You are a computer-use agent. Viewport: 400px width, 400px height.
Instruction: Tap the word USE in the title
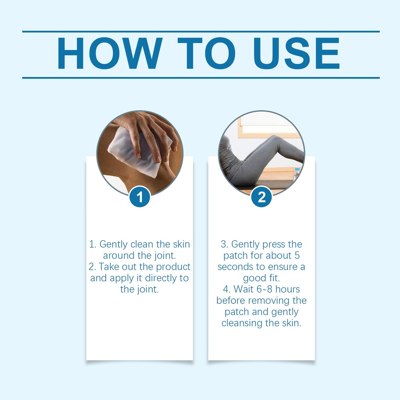tap(296, 53)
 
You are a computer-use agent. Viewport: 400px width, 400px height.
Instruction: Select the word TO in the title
tap(207, 53)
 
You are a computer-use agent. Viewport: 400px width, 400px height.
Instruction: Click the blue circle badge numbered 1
tap(140, 197)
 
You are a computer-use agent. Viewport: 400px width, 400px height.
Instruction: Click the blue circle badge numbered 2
tap(261, 197)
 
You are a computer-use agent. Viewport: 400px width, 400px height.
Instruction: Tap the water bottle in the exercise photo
tap(296, 174)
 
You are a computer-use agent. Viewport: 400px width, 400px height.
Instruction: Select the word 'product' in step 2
tap(173, 267)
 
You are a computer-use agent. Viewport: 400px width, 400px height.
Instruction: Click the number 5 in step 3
tap(297, 255)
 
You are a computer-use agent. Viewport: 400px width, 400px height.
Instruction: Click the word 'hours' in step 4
tap(287, 289)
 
